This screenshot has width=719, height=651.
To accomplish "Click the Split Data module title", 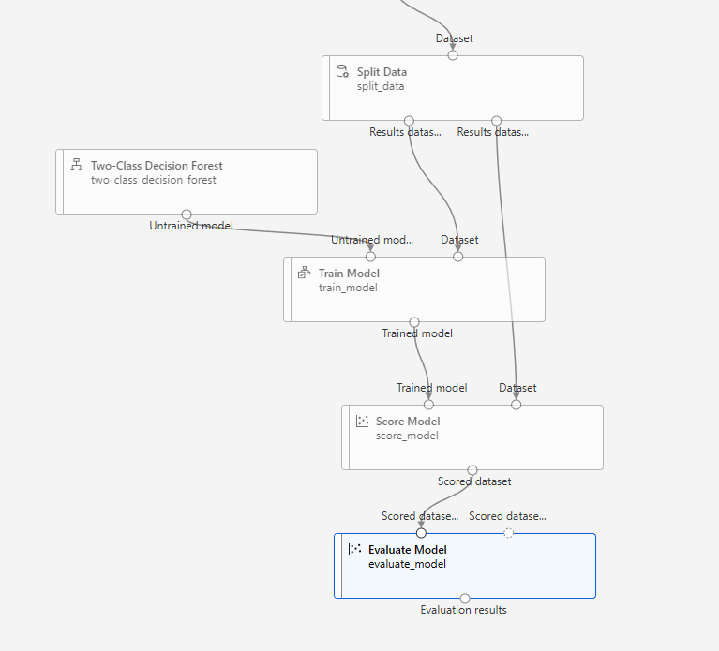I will (382, 72).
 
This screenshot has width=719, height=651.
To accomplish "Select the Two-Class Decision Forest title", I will (157, 166).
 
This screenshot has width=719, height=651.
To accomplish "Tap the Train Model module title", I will (349, 274).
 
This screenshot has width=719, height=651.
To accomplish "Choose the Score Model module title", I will (408, 422).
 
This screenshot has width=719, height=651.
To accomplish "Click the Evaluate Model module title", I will (407, 550).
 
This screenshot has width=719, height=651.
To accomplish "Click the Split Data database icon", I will (342, 72).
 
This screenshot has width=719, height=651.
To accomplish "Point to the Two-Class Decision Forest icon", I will (77, 166).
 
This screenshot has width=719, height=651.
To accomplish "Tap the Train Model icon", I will (304, 274).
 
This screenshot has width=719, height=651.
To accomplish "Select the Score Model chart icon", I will (362, 422).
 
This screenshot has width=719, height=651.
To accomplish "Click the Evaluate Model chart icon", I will (354, 550).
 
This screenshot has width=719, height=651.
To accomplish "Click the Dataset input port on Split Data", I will (453, 55).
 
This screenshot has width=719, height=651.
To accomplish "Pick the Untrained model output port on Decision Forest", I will (187, 215).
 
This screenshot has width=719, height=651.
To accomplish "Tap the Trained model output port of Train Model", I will (414, 322).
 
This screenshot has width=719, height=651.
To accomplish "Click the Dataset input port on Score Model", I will (516, 405).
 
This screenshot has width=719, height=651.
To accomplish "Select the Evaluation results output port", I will (464, 598).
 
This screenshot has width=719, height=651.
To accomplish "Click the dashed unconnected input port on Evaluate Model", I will (508, 533).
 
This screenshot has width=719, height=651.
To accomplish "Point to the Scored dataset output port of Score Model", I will (472, 470).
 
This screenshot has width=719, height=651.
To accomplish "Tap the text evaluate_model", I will (407, 564).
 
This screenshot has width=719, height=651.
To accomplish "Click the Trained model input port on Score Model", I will (428, 405).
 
